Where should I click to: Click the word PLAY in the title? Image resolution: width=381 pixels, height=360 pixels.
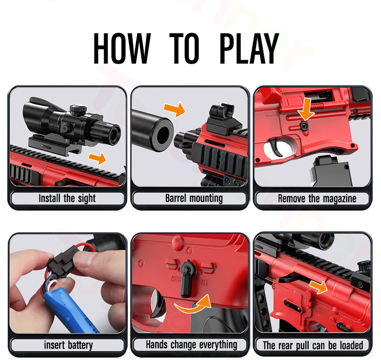tap(249, 48)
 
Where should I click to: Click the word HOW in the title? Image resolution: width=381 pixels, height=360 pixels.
tap(122, 48)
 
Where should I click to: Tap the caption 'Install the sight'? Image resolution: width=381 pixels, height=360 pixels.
tap(67, 199)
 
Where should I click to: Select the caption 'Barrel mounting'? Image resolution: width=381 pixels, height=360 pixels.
tap(194, 199)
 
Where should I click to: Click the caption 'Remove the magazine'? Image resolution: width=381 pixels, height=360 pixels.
tap(317, 199)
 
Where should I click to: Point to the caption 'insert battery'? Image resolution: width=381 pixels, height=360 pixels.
tap(68, 345)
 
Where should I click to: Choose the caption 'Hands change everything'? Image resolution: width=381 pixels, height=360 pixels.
tap(191, 345)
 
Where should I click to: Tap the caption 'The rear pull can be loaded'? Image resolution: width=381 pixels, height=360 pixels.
tap(313, 345)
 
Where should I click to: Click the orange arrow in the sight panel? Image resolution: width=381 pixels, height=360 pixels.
tap(98, 158)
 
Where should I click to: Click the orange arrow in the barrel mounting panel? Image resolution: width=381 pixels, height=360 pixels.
tap(175, 109)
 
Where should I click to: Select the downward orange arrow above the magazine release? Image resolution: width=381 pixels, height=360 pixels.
tap(306, 109)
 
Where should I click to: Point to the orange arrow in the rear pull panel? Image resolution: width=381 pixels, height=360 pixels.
tap(319, 286)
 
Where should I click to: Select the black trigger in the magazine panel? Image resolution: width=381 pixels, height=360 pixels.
tap(276, 147)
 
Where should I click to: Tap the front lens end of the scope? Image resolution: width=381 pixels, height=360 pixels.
tap(115, 134)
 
